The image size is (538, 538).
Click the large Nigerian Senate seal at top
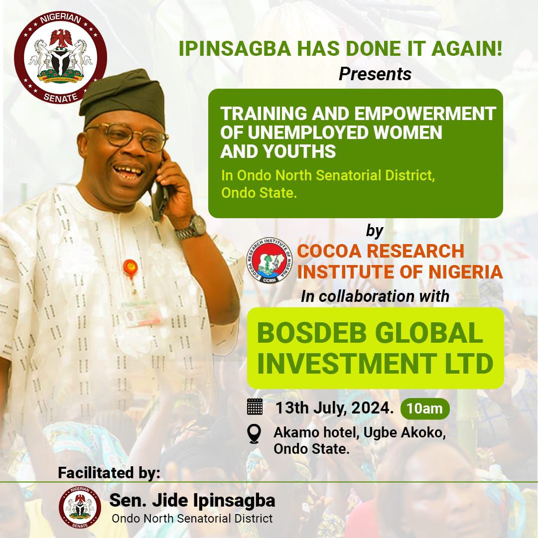pos(60,57)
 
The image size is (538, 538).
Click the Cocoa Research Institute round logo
pos(269,261)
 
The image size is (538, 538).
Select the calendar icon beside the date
pos(255,406)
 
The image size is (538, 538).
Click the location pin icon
pos(254,434)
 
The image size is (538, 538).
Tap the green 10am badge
pos(425,408)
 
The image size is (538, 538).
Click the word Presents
pos(375,74)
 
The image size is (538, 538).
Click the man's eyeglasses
pos(128,136)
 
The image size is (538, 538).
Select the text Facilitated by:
pos(109,473)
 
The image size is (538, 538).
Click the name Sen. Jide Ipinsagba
pos(192,501)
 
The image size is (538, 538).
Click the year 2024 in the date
pos(372,408)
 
